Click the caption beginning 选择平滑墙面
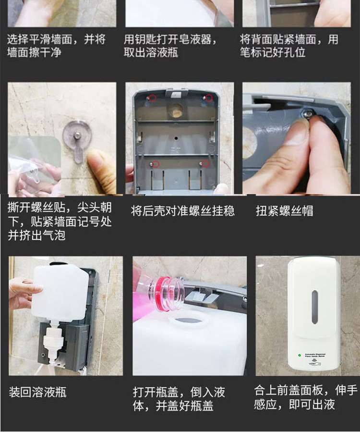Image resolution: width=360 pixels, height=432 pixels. coord(56,46)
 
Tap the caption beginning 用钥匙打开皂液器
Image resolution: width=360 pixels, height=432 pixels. coord(170,46)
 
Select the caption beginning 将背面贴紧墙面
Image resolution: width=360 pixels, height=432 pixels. coord(289,46)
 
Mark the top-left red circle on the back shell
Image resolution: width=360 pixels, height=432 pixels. coord(152,99)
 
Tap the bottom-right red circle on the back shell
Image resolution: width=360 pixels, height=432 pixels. coord(205,164)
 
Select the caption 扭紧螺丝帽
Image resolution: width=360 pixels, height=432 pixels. coord(284,210)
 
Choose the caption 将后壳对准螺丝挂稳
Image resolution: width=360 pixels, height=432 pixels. coord(183,210)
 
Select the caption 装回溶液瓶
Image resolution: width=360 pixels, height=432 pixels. coord(37,393)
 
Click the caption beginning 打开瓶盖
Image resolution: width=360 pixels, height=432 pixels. coord(179,399)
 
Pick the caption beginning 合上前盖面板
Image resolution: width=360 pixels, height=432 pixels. coord(305,397)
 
